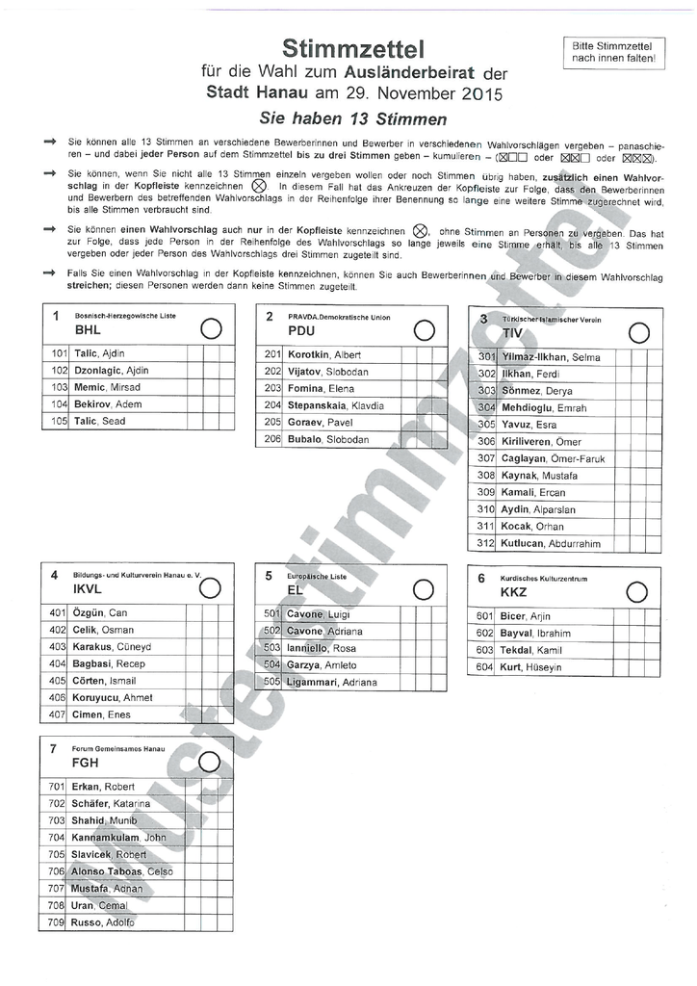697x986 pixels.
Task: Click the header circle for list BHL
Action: (x=211, y=329)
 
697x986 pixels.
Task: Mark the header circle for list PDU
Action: (x=423, y=329)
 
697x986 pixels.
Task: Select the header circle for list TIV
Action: (x=637, y=332)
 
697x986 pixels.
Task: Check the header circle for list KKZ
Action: (x=636, y=591)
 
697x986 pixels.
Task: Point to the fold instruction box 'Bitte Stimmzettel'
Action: (x=612, y=51)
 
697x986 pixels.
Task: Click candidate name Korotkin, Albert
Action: (x=323, y=354)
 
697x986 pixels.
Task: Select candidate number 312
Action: (x=485, y=543)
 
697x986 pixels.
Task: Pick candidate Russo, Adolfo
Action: (x=103, y=922)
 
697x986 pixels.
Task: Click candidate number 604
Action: (x=485, y=666)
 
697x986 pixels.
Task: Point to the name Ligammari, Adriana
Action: (x=332, y=682)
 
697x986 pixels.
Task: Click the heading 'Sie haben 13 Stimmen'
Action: (x=353, y=119)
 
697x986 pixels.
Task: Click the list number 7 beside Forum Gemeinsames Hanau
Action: (x=54, y=748)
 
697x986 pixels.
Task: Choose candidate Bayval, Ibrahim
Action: (x=535, y=633)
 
